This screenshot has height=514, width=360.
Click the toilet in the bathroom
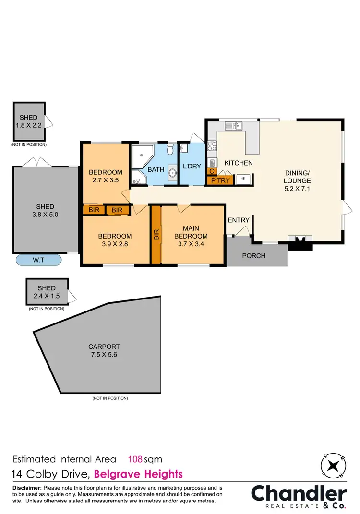point(170,150)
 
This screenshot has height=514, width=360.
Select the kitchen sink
point(233,126)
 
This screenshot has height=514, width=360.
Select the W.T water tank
point(39,260)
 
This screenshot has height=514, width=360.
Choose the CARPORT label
point(104,346)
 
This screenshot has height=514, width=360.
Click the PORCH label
point(253,256)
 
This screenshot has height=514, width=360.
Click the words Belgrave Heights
point(139,474)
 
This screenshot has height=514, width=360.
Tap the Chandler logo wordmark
point(299,493)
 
